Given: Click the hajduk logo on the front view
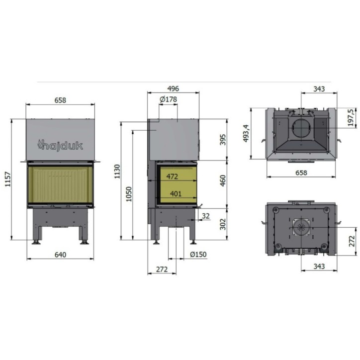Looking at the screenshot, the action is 60,145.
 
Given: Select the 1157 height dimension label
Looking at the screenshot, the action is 8,179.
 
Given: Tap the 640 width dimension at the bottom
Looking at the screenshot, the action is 60,255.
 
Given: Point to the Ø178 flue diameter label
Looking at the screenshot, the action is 168,99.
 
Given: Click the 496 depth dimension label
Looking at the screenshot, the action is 173,89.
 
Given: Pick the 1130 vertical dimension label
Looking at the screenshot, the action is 117,171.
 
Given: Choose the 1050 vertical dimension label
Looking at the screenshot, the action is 129,194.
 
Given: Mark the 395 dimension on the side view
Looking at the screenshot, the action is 223,140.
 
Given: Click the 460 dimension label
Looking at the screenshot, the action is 223,180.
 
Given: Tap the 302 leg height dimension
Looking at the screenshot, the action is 223,224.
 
